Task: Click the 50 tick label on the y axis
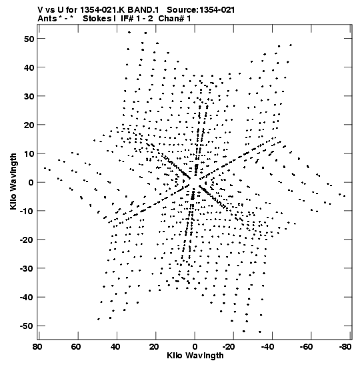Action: pos(29,39)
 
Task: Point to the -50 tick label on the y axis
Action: pos(27,326)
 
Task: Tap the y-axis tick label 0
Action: pos(31,182)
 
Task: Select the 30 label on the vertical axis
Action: pos(29,96)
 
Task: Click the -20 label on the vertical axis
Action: pos(27,240)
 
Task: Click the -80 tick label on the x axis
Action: pos(345,347)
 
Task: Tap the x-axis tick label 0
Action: pos(195,347)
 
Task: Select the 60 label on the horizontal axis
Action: pos(76,347)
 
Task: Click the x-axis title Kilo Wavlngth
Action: pos(195,356)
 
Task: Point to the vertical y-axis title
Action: pos(13,181)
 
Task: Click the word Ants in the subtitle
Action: pos(47,19)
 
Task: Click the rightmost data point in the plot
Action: pos(345,196)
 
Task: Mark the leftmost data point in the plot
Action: pos(45,168)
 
